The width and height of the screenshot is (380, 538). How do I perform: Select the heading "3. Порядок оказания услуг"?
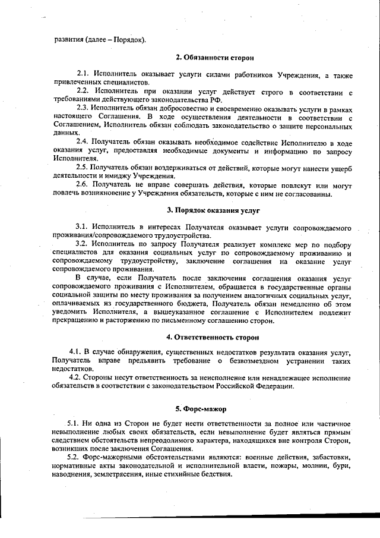[x=213, y=210]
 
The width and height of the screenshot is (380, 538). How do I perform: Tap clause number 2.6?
[x=83, y=184]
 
